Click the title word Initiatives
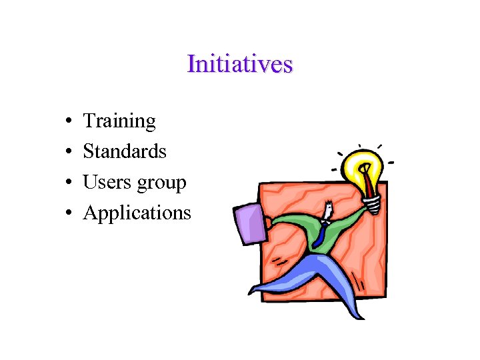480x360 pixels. pos(240,64)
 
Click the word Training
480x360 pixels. pos(119,121)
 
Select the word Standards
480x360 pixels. pos(125,151)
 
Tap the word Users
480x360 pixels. pos(104,182)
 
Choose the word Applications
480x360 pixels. pos(137,213)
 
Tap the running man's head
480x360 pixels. pos(327,212)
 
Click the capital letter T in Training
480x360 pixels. pos(89,121)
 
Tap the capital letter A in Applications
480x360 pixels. pos(90,213)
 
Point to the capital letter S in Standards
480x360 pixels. pos(88,151)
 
